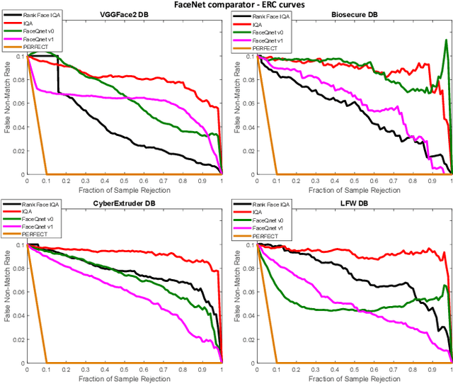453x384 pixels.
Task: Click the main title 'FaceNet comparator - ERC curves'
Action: [x=226, y=4]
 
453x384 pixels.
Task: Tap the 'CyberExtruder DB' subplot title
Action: [x=124, y=203]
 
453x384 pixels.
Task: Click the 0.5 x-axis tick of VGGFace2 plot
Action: [x=124, y=181]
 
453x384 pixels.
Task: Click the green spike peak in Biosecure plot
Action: [x=446, y=40]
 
